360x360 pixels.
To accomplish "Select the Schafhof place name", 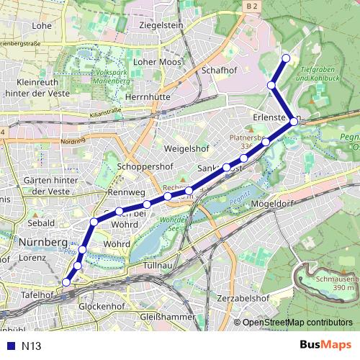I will (220, 71).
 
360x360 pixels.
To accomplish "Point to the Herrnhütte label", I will (147, 96).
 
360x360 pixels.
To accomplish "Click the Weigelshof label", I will (186, 148).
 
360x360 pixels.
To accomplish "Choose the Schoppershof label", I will (145, 166).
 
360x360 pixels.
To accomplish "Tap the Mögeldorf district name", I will (274, 204).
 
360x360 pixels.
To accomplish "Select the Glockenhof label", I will (101, 306).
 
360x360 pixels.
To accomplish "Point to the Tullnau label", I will (159, 266).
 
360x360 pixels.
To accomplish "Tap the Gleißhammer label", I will (168, 317).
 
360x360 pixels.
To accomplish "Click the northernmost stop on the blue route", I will (286, 58).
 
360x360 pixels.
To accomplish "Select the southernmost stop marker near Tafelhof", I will (66, 283).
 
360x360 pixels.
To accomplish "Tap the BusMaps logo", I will (325, 345).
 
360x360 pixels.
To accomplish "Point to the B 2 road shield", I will (250, 6).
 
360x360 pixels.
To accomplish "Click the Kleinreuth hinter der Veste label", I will (36, 88).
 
